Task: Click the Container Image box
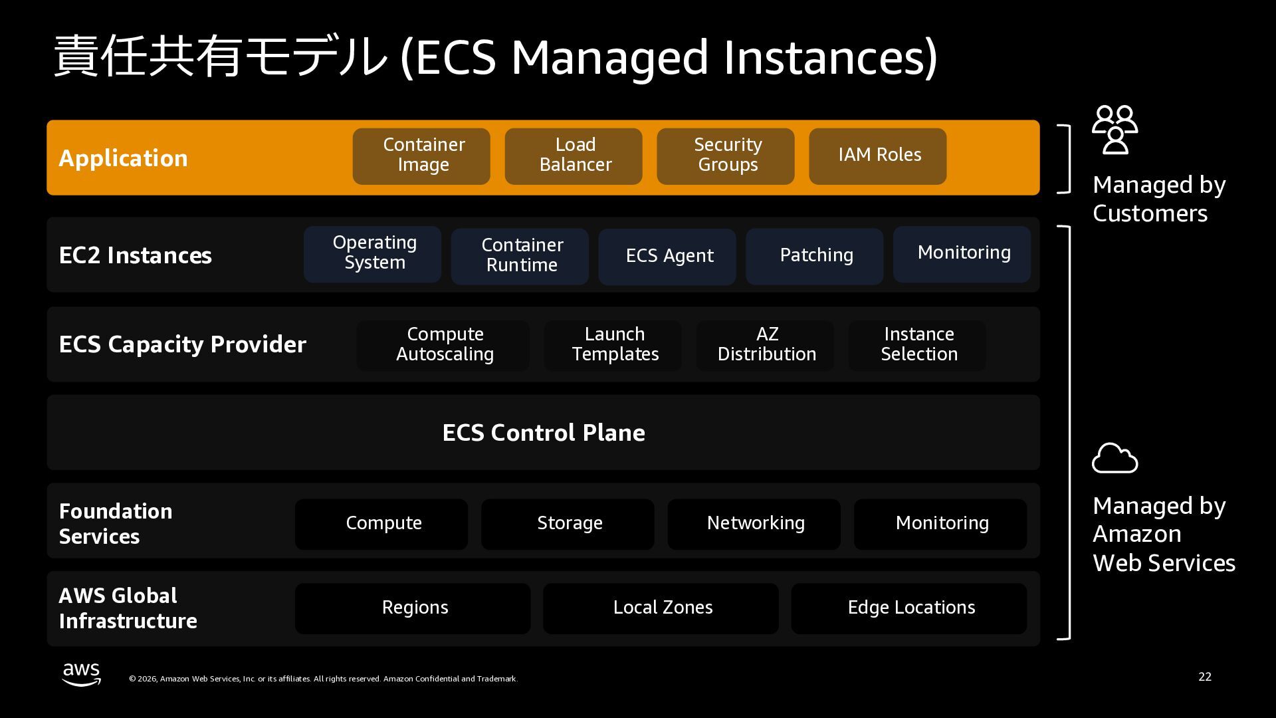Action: pyautogui.click(x=421, y=156)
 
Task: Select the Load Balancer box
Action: pyautogui.click(x=574, y=156)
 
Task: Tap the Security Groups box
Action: pyautogui.click(x=726, y=156)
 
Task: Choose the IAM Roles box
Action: pyautogui.click(x=878, y=156)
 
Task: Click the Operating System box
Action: pyautogui.click(x=372, y=254)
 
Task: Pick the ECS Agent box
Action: pyautogui.click(x=667, y=257)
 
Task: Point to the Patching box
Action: pyautogui.click(x=815, y=257)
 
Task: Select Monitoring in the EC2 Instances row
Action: pyautogui.click(x=962, y=254)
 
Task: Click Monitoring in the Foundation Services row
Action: pyautogui.click(x=940, y=524)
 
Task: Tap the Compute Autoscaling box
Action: pyautogui.click(x=443, y=345)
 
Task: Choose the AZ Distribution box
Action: pyautogui.click(x=765, y=345)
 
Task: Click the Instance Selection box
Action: pyautogui.click(x=918, y=345)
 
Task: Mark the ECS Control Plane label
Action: pyautogui.click(x=544, y=433)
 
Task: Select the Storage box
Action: pyautogui.click(x=568, y=524)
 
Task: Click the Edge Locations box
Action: pyautogui.click(x=909, y=608)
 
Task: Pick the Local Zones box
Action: pyautogui.click(x=661, y=608)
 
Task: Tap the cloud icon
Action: pyautogui.click(x=1115, y=459)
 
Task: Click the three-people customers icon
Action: pyautogui.click(x=1115, y=130)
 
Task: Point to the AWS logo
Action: pyautogui.click(x=82, y=674)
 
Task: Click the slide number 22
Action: pyautogui.click(x=1205, y=677)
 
